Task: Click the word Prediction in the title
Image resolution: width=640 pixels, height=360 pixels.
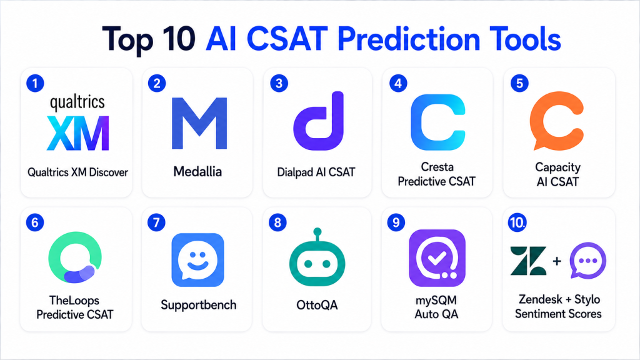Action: [x=408, y=40]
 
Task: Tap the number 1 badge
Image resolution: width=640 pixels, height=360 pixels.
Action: [x=35, y=83]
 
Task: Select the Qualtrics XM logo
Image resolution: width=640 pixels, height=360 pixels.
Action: [x=77, y=123]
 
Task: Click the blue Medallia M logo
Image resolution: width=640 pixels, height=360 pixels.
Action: [x=199, y=123]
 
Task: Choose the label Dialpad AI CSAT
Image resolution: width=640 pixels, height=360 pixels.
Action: [x=316, y=172]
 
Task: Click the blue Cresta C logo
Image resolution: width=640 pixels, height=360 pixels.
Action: [x=438, y=122]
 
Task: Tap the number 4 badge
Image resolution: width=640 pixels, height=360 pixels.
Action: [x=398, y=83]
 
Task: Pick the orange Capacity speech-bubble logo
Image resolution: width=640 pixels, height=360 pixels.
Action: [x=557, y=121]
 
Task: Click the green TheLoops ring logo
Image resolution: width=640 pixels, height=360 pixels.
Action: [x=75, y=257]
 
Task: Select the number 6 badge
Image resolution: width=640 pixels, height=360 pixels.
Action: [x=35, y=222]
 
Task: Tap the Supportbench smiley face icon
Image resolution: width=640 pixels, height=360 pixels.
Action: [x=197, y=260]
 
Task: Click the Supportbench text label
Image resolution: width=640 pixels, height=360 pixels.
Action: [x=198, y=305]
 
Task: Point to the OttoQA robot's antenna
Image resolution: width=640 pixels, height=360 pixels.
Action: [x=317, y=235]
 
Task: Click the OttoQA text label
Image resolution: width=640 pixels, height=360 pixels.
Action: [x=317, y=305]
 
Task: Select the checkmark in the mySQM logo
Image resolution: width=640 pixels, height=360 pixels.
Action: [x=436, y=258]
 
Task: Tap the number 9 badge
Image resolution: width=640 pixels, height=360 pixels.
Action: [x=396, y=222]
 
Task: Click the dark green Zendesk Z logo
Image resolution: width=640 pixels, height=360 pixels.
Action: [x=528, y=261]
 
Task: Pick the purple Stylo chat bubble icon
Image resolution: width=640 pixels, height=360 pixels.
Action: [x=587, y=261]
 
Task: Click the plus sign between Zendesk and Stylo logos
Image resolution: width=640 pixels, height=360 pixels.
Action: [x=557, y=261]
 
